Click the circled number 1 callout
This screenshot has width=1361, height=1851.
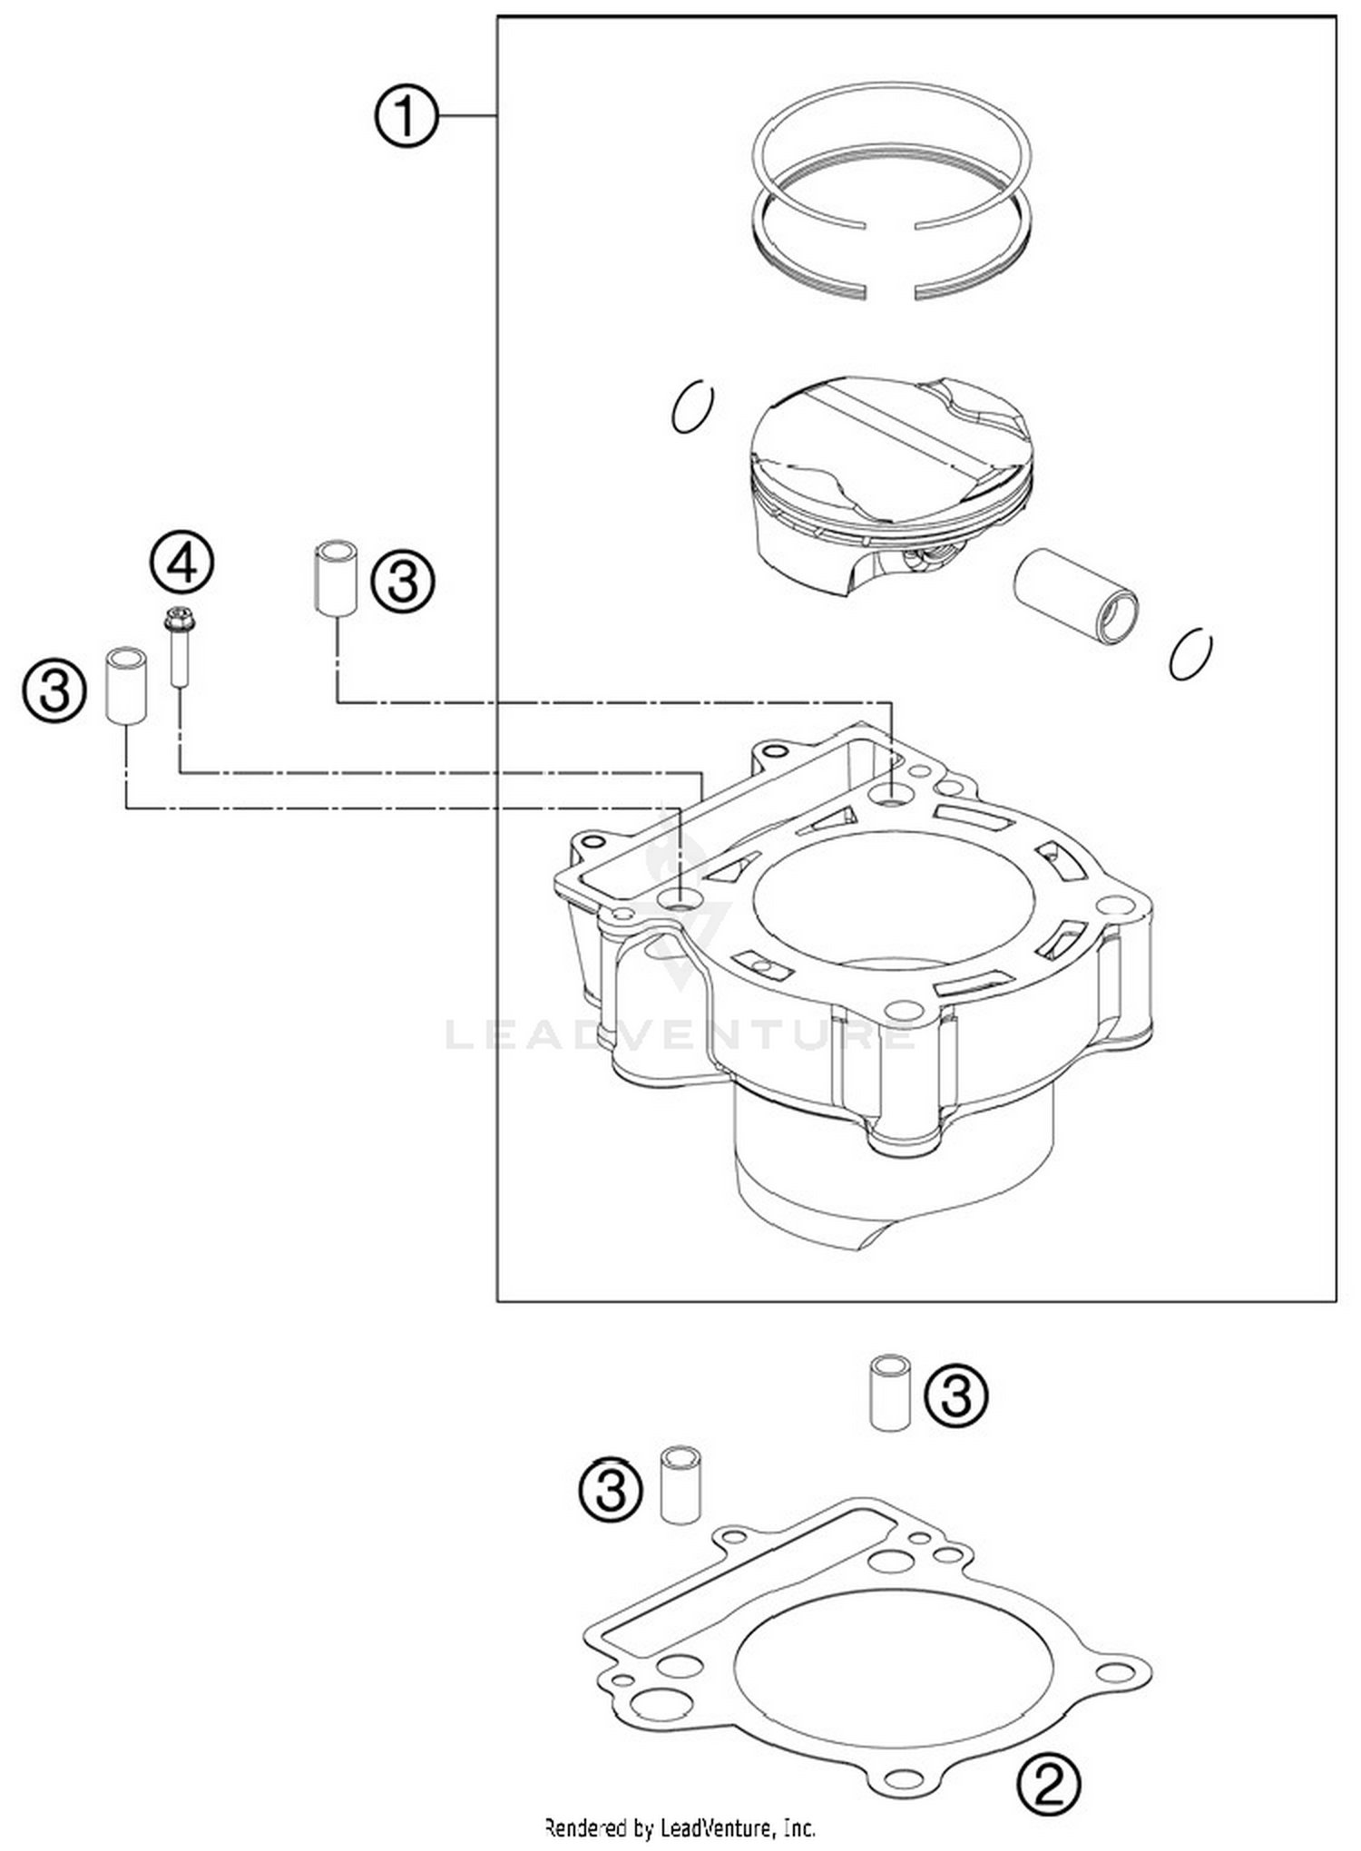tap(406, 116)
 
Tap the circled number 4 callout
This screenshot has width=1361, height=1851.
tap(181, 564)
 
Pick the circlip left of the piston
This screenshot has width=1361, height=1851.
tap(692, 406)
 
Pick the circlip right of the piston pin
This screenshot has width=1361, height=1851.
tap(1190, 654)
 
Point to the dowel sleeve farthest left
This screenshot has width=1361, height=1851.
tap(126, 685)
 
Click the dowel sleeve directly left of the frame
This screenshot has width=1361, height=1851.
tap(336, 578)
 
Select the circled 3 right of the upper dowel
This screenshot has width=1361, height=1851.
tap(403, 582)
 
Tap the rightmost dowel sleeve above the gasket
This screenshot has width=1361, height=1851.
tap(890, 1393)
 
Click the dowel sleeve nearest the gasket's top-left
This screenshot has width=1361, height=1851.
tap(680, 1484)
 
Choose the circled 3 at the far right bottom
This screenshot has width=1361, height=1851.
tap(956, 1395)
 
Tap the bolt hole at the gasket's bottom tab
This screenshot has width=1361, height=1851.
tap(898, 1776)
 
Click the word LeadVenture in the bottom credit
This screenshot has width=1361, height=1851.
tap(718, 1827)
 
